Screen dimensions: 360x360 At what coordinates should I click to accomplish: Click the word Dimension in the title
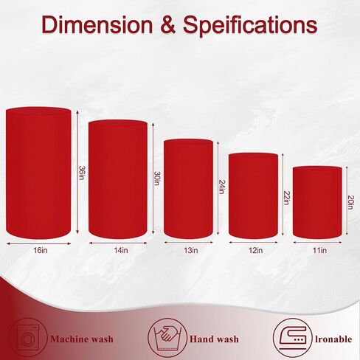pyautogui.click(x=97, y=24)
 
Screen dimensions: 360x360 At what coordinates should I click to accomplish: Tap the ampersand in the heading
pyautogui.click(x=168, y=25)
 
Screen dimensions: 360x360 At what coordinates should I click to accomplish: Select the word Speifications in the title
pyautogui.click(x=250, y=27)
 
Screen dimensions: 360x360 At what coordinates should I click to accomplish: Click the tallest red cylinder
pyautogui.click(x=38, y=173)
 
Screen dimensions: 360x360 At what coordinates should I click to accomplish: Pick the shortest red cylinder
pyautogui.click(x=317, y=202)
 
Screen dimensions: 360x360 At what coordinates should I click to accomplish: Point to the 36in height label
pyautogui.click(x=81, y=173)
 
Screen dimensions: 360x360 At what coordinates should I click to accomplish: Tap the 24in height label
pyautogui.click(x=221, y=187)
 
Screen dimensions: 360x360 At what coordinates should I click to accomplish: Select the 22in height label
pyautogui.click(x=286, y=198)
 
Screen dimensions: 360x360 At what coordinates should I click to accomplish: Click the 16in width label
pyautogui.click(x=41, y=250)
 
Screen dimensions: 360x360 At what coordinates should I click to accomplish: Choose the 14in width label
pyautogui.click(x=121, y=250)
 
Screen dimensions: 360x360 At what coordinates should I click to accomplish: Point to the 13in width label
pyautogui.click(x=190, y=250)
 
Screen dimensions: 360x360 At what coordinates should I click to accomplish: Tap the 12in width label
pyautogui.click(x=255, y=250)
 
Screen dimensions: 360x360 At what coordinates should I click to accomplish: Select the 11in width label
pyautogui.click(x=319, y=250)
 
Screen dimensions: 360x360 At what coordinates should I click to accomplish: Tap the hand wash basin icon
pyautogui.click(x=167, y=337)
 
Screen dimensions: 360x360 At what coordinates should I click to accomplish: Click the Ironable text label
pyautogui.click(x=333, y=339)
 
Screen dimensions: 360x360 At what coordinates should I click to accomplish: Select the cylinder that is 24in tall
pyautogui.click(x=188, y=189)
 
